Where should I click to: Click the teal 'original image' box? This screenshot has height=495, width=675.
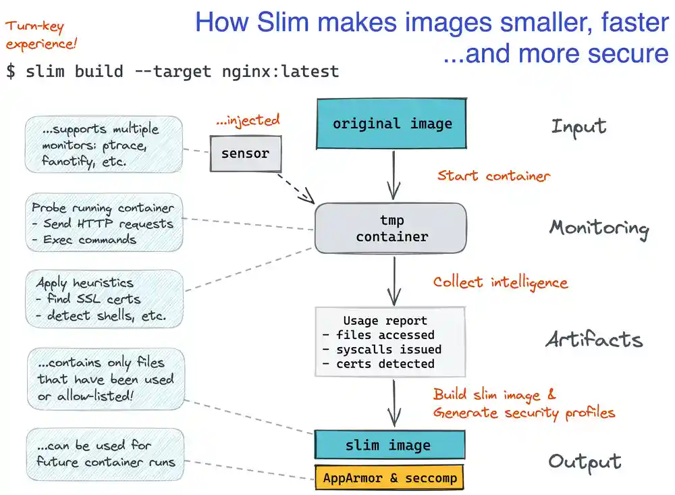(391, 124)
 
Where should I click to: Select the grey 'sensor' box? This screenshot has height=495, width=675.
(245, 153)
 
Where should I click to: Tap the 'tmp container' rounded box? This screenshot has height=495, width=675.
(391, 229)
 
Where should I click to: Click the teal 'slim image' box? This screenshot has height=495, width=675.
(389, 445)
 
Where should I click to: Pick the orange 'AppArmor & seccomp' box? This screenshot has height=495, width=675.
(389, 478)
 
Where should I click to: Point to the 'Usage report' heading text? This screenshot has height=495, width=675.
(385, 321)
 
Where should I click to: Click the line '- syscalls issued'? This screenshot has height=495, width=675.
(381, 349)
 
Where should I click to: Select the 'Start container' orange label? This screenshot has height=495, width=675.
(493, 176)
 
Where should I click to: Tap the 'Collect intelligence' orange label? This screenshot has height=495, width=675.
(500, 282)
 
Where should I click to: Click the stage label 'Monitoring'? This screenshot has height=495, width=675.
(599, 228)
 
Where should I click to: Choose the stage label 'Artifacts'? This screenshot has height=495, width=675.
(594, 340)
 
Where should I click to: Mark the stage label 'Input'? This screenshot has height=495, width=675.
(578, 126)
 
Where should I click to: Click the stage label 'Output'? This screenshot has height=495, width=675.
(585, 461)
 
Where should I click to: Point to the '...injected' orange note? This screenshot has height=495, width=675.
(248, 121)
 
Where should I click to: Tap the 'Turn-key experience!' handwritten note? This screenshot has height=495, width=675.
(41, 36)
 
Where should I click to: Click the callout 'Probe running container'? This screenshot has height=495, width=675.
(103, 208)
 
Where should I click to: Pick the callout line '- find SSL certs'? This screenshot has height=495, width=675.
(88, 298)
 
